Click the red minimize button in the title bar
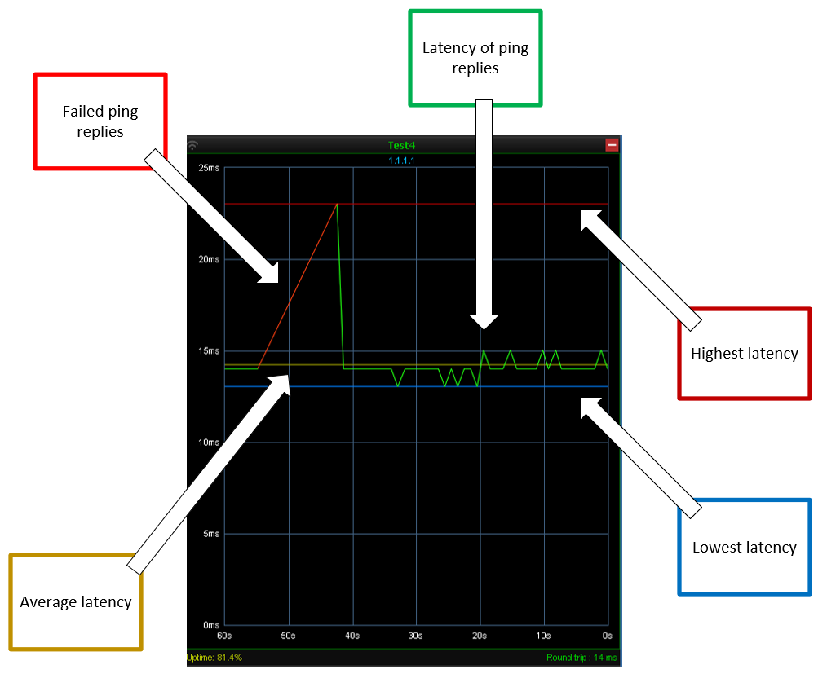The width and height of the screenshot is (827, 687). tap(612, 145)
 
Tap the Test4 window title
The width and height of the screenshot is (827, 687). tap(401, 146)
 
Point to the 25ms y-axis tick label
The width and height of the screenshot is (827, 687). tap(210, 168)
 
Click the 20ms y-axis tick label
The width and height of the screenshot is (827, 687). tap(210, 259)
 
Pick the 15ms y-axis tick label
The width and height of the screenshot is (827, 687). tap(210, 351)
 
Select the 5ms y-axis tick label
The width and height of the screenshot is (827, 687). tap(211, 534)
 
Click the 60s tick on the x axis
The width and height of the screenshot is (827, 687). tap(224, 635)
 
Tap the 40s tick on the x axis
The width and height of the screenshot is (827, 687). tap(352, 635)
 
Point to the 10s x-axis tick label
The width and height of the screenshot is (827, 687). tap(543, 635)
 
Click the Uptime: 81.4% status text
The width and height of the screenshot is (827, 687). tap(215, 657)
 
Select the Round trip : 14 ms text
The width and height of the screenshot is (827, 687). tap(582, 657)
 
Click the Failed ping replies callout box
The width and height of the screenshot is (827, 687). tap(100, 121)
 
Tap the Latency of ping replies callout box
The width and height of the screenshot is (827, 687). tap(475, 58)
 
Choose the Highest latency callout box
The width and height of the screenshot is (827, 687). tap(744, 354)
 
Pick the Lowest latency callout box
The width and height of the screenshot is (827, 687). tap(744, 547)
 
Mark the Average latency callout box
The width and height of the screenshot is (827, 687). tap(76, 602)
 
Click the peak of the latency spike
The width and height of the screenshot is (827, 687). tap(337, 204)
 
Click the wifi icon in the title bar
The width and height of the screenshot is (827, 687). tap(193, 146)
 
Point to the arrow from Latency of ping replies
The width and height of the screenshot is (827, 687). tap(484, 212)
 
